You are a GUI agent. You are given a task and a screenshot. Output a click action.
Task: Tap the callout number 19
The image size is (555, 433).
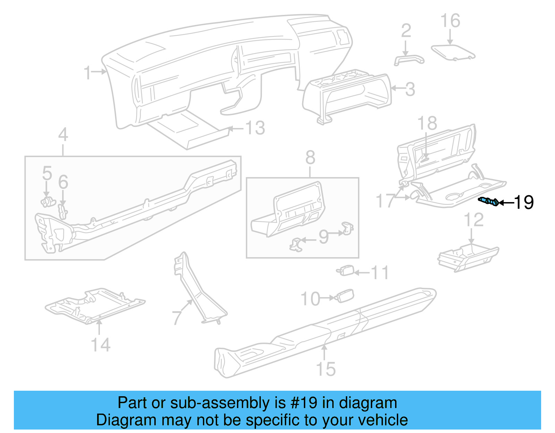tap(524, 202)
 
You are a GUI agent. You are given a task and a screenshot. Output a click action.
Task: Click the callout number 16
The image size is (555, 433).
tap(450, 21)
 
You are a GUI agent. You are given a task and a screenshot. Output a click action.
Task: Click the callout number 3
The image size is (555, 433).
tap(410, 89)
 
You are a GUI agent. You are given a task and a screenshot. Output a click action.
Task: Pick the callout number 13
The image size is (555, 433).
tap(255, 128)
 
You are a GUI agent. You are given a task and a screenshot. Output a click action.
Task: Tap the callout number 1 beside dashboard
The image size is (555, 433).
tap(88, 73)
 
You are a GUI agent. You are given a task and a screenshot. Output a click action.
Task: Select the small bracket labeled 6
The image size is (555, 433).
tap(63, 211)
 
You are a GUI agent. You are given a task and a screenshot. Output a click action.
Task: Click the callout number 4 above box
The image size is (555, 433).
tap(63, 135)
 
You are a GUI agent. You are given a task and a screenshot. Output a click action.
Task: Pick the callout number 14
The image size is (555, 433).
tap(101, 345)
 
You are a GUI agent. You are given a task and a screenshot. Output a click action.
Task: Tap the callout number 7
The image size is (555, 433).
tap(177, 317)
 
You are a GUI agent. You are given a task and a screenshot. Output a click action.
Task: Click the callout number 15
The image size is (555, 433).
tap(326, 369)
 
